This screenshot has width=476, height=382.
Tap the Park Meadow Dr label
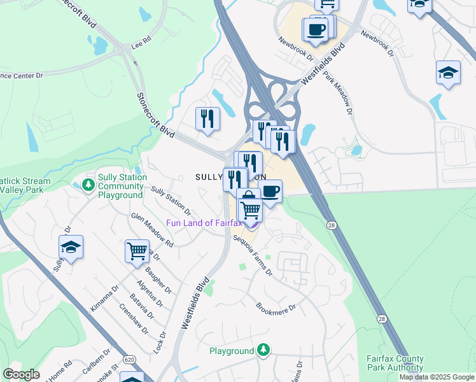pyautogui.click(x=337, y=92)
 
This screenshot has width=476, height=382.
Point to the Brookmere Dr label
pyautogui.click(x=276, y=307)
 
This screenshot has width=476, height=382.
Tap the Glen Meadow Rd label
pyautogui.click(x=152, y=230)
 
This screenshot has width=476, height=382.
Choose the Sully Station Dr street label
pyautogui.click(x=171, y=199)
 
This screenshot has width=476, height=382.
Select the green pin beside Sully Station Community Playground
pyautogui.click(x=88, y=185)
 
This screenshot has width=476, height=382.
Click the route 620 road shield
pyautogui.click(x=129, y=360)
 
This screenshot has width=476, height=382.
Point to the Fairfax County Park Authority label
pyautogui.click(x=395, y=363)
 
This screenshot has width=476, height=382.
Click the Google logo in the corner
pyautogui.click(x=21, y=374)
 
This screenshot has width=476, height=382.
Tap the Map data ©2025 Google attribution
pyautogui.click(x=437, y=377)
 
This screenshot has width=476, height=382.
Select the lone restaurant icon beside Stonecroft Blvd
pyautogui.click(x=207, y=118)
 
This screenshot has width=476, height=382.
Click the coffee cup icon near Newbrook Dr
pyautogui.click(x=316, y=29)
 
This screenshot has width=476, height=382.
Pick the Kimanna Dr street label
pyautogui.click(x=104, y=297)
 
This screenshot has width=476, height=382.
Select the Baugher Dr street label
pyautogui.click(x=159, y=278)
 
